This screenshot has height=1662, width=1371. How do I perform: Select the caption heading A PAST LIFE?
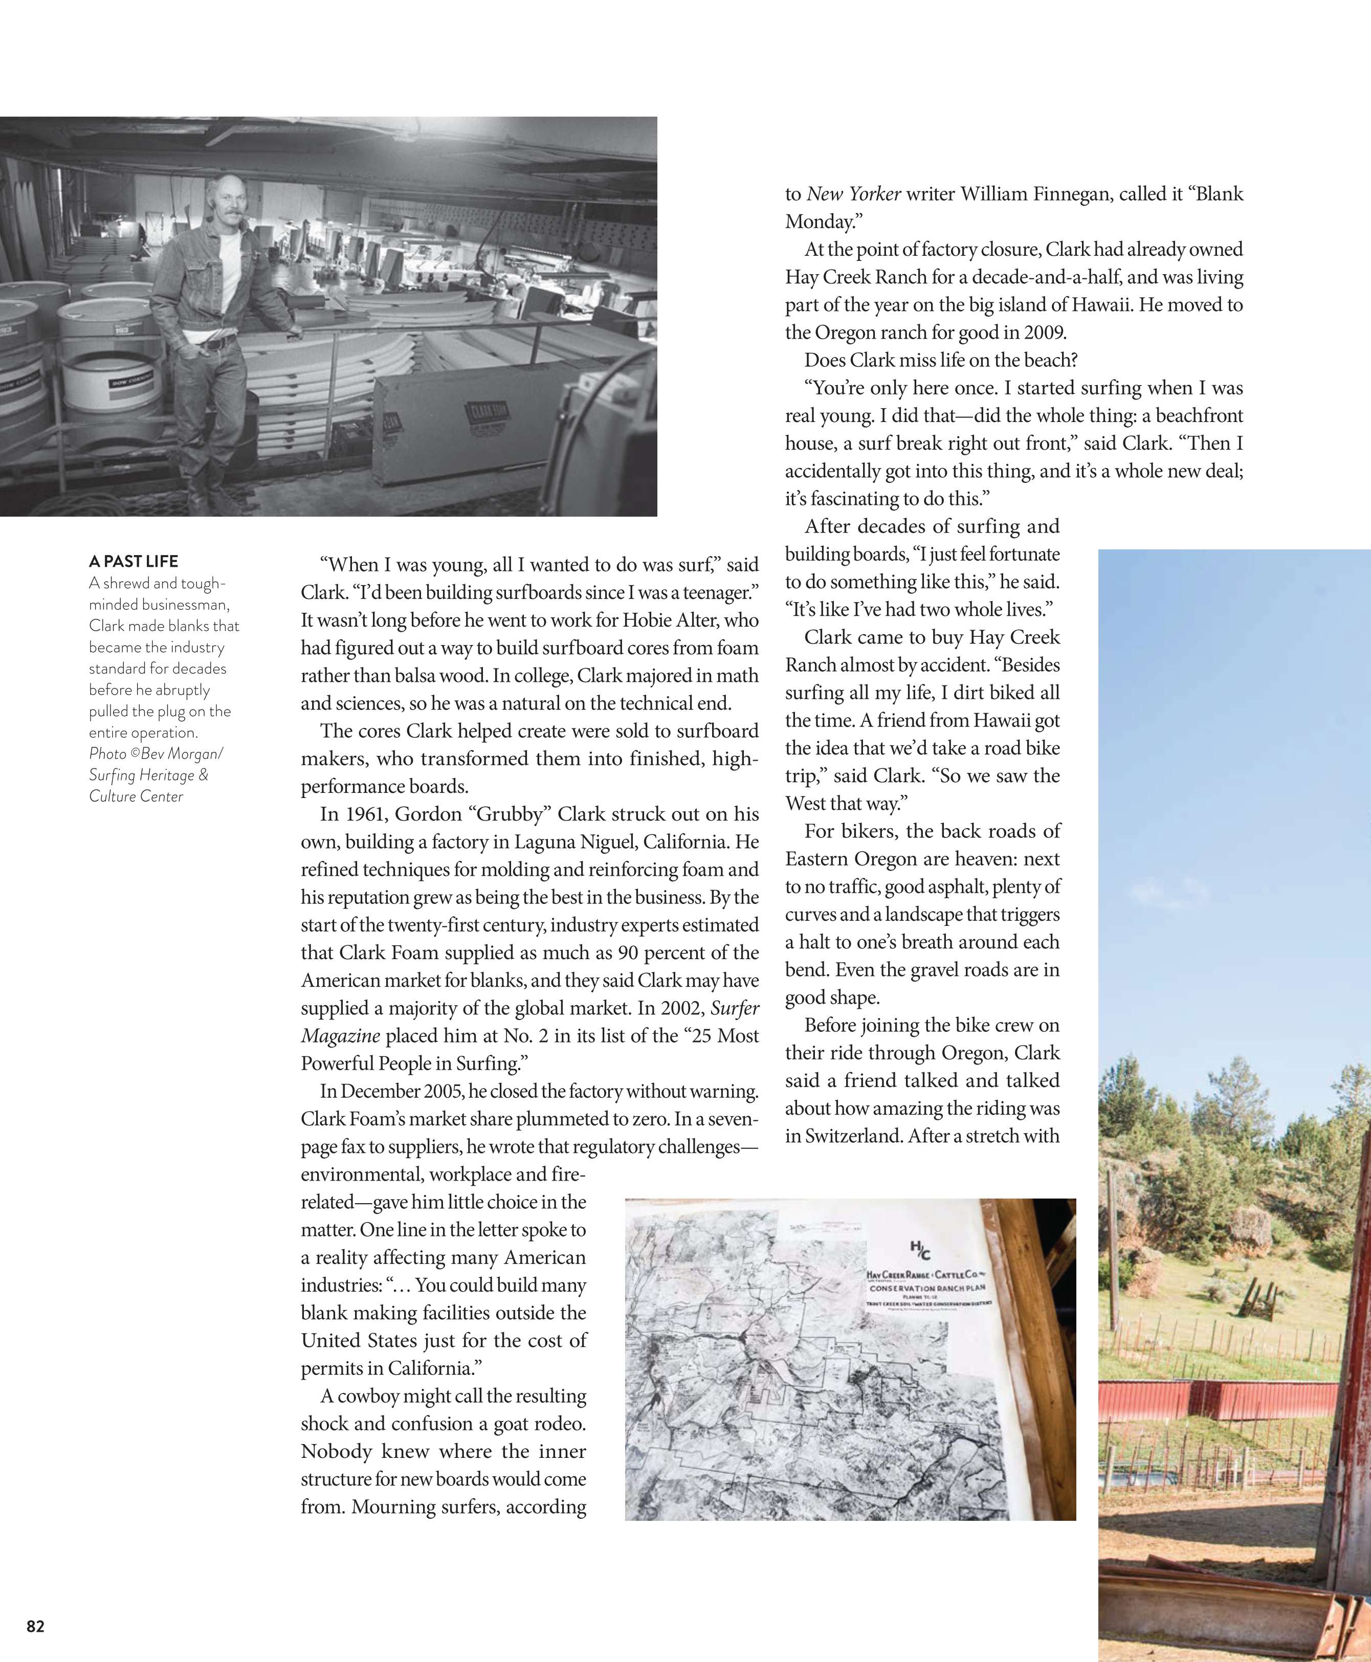pos(134,561)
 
